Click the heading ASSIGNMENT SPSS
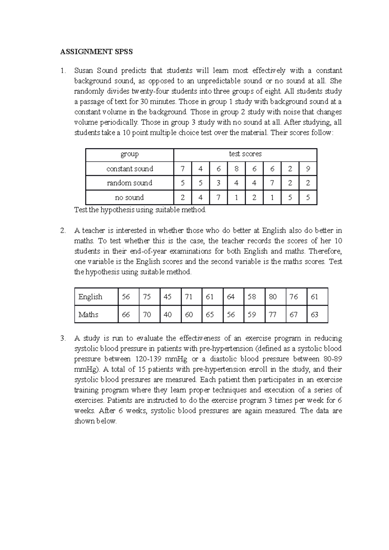tap(96, 52)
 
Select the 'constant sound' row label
tap(130, 169)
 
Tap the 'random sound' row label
tap(130, 183)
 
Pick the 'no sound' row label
tap(129, 198)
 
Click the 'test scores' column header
tap(245, 154)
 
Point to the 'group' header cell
tap(130, 154)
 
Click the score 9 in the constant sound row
tap(308, 169)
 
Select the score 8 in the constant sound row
tap(236, 169)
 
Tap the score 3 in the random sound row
tap(218, 183)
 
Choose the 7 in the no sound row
tap(218, 198)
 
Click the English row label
tap(90, 297)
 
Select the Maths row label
tap(88, 315)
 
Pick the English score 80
tap(273, 297)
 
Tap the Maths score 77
tap(273, 315)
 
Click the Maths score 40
tap(168, 315)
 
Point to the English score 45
tap(168, 297)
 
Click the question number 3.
tap(63, 338)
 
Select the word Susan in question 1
tap(83, 71)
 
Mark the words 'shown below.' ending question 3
tap(95, 421)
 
